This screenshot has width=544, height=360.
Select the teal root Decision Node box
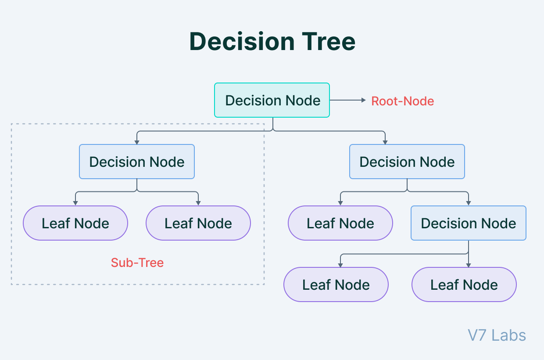[272, 100]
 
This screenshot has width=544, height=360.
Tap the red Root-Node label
[402, 101]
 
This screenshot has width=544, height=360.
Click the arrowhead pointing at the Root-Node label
[363, 100]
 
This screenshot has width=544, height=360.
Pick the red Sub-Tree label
[137, 263]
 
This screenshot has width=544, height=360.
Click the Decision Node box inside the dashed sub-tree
[137, 162]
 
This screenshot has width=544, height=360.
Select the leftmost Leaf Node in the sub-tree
[75, 223]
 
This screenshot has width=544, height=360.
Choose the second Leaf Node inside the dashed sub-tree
[198, 223]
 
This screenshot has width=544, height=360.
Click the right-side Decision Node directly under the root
[407, 162]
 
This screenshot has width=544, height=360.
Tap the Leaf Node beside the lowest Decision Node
[340, 223]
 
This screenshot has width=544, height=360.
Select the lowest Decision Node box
[469, 223]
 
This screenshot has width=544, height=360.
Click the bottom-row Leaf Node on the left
[336, 284]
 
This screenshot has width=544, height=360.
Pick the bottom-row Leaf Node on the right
[464, 284]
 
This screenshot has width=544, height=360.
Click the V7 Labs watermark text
[497, 335]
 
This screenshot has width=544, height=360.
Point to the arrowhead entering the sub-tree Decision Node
[137, 142]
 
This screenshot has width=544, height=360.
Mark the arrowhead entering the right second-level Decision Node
[385, 142]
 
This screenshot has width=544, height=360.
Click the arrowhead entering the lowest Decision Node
[469, 204]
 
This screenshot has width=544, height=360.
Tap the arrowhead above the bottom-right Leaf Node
[469, 265]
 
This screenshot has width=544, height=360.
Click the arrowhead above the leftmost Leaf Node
[75, 204]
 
